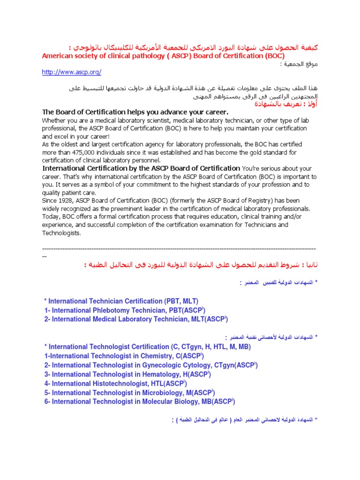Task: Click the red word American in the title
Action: (x=59, y=56)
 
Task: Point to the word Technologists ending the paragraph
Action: (x=62, y=233)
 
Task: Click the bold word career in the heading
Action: (x=214, y=112)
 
